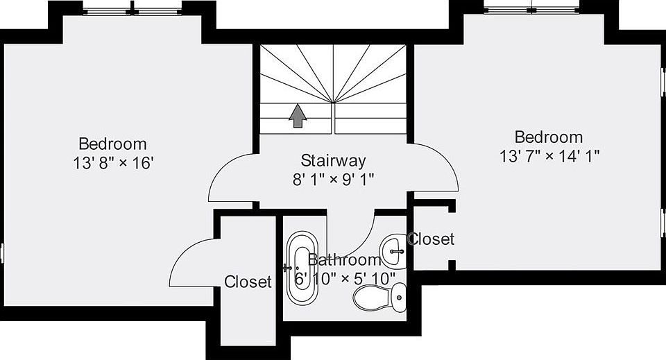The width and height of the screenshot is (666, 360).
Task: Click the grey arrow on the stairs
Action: [x=298, y=115]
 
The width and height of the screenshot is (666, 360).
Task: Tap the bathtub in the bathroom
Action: [x=302, y=268]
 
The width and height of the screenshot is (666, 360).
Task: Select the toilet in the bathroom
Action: [x=379, y=298]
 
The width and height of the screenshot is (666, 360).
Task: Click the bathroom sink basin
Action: [x=393, y=251]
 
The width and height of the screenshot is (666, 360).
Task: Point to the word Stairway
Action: [x=333, y=160]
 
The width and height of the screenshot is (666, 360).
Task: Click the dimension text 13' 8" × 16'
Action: [x=112, y=163]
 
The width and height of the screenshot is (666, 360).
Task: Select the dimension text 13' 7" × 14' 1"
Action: [x=549, y=156]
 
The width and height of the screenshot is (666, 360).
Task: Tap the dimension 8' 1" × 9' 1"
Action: [x=333, y=180]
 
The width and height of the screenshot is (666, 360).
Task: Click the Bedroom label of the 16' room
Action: [x=112, y=144]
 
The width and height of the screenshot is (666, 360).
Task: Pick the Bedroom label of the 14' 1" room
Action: [x=549, y=137]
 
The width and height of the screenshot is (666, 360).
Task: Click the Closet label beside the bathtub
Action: [x=248, y=282]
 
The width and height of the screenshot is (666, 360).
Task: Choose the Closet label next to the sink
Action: [x=431, y=239]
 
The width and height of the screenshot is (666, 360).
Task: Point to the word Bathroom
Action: [x=344, y=259]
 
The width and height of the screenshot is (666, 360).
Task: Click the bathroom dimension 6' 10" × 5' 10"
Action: [x=345, y=278]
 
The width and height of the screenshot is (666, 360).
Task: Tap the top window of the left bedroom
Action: [x=133, y=9]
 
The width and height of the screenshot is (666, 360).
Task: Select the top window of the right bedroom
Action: [x=532, y=8]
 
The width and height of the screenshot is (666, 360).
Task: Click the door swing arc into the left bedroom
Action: [x=217, y=169]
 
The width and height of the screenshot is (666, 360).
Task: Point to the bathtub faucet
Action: [x=287, y=268]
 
